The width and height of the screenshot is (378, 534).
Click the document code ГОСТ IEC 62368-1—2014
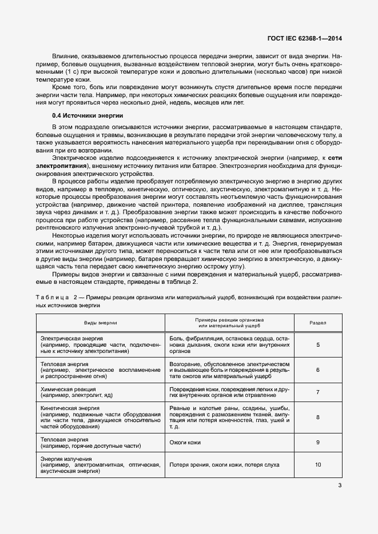coord(308,39)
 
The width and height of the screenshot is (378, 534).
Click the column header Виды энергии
coord(101,323)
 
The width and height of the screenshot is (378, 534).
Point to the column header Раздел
coord(318,323)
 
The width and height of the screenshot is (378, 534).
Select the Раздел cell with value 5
coord(318,345)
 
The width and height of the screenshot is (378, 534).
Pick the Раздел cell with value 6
coord(318,370)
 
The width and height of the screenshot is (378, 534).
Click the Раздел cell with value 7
coord(318,392)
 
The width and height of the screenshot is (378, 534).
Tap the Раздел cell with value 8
coord(318,417)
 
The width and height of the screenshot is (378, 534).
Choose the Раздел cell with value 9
coord(318,442)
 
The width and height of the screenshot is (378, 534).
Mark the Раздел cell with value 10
coord(318,465)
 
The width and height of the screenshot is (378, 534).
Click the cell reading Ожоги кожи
coord(185,442)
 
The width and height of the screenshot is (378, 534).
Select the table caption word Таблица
coord(52,298)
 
